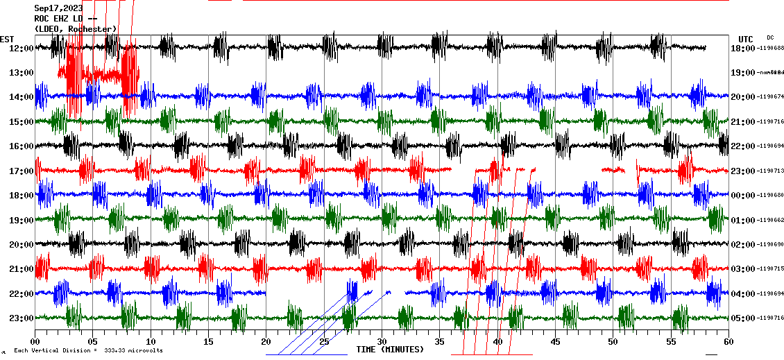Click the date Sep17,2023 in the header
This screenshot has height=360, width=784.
tap(58, 8)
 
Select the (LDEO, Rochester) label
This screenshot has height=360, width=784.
tap(75, 28)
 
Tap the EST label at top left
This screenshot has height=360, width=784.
tap(7, 39)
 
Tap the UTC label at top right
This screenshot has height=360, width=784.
tap(745, 39)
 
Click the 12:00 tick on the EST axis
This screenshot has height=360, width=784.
tap(21, 48)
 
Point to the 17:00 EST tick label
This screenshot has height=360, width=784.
tap(21, 171)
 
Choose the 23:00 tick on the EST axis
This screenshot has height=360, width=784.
tap(21, 318)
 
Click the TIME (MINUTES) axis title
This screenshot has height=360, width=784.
tap(390, 350)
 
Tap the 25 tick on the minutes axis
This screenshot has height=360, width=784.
tap(324, 342)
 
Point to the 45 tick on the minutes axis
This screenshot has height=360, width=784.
tap(555, 342)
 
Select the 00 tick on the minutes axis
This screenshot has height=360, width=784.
tap(35, 342)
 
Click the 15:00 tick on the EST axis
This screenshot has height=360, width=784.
tap(21, 121)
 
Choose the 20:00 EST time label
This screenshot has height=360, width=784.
tap(21, 244)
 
